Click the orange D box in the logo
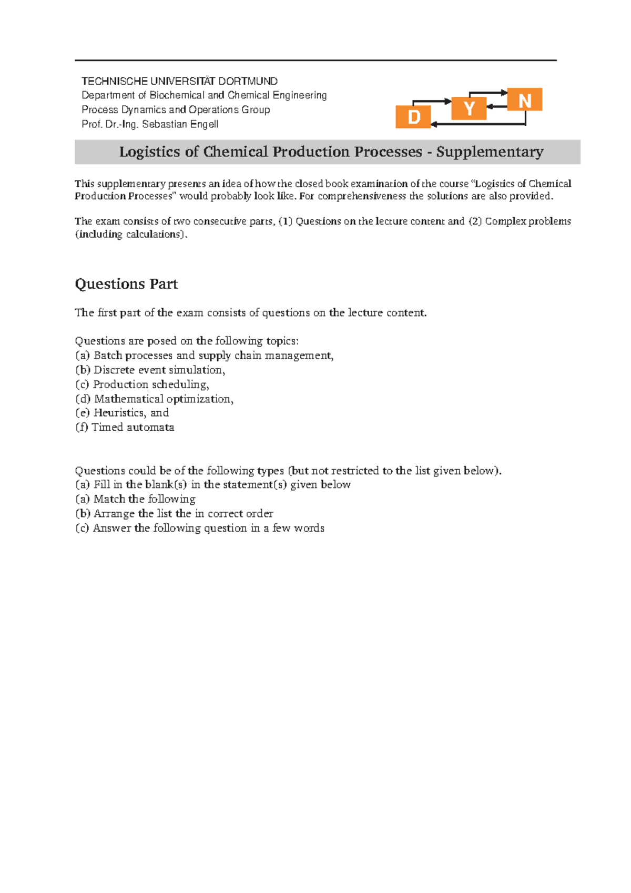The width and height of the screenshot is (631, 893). [413, 117]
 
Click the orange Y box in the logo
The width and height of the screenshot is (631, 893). [469, 109]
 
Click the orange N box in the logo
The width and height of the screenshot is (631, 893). [524, 100]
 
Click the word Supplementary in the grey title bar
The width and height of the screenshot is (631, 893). [490, 152]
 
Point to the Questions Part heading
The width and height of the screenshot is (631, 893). [126, 284]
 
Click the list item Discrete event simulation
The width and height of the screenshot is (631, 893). [159, 370]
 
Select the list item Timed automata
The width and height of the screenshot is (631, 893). [133, 428]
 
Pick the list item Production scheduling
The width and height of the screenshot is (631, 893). [150, 384]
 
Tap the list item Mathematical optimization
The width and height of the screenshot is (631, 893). [163, 399]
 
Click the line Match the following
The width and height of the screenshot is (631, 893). [144, 499]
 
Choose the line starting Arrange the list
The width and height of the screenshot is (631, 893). [183, 514]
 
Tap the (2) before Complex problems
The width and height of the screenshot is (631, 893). [475, 221]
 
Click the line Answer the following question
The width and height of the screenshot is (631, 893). [208, 528]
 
